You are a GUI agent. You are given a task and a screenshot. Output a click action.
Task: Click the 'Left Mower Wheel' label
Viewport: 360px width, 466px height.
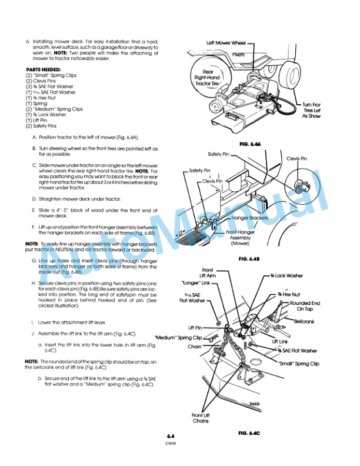[226, 42]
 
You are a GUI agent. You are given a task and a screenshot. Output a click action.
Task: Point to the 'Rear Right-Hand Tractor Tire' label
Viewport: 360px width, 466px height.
[206, 76]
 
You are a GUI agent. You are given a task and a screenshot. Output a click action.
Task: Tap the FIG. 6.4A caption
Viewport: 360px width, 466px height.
[249, 144]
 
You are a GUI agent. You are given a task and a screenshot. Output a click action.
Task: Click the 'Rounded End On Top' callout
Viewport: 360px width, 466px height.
[305, 306]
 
